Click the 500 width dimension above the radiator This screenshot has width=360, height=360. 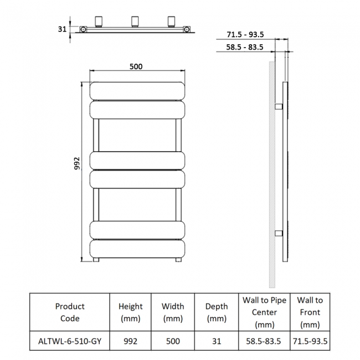click(136, 66)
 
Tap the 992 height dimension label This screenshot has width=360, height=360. click(78, 163)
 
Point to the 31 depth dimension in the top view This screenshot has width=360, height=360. click(62, 29)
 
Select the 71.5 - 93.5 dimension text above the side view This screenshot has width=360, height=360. click(245, 34)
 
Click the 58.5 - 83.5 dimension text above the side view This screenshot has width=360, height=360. click(245, 47)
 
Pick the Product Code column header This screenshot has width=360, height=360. click(70, 312)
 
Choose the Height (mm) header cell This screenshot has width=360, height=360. click(131, 312)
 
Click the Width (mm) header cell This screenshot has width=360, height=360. click(173, 312)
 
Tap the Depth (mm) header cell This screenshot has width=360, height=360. click(216, 312)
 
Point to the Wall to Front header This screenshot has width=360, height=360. click(310, 312)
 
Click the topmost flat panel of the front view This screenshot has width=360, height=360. click(137, 91)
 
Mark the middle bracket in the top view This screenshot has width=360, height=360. click(135, 22)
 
